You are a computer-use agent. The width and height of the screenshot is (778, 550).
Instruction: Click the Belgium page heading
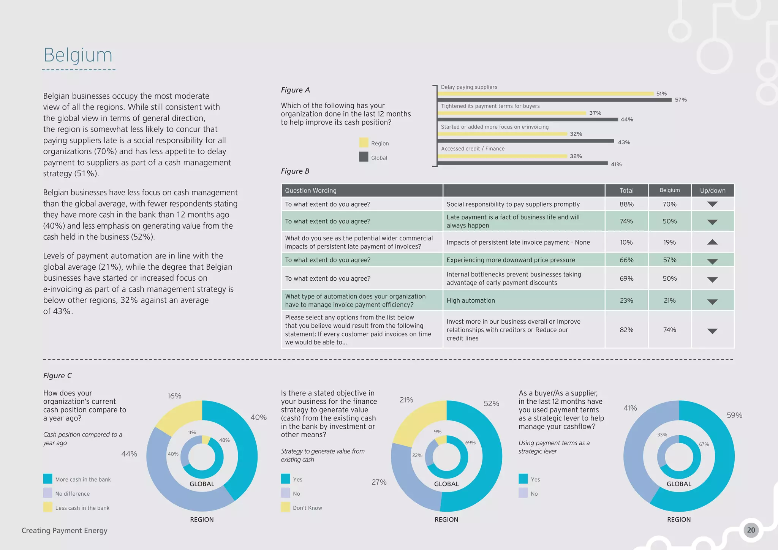(x=78, y=55)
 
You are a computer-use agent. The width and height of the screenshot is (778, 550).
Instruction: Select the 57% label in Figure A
(x=680, y=100)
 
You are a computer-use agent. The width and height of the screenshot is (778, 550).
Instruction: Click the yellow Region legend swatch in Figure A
(x=364, y=143)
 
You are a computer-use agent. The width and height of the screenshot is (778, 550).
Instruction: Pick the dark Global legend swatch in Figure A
(x=364, y=157)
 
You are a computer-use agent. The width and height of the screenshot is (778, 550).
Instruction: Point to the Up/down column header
(x=712, y=190)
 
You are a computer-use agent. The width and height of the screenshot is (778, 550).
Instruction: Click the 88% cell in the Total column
(x=626, y=204)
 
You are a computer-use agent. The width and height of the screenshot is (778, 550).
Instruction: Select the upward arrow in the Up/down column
(x=712, y=242)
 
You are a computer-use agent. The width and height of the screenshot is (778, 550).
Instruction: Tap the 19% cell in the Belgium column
(x=669, y=242)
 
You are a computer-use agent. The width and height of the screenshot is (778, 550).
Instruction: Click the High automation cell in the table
(x=470, y=300)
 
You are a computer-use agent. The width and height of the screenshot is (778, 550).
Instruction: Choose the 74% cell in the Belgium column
(x=669, y=330)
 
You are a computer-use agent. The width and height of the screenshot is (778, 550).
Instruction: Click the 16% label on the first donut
(x=174, y=396)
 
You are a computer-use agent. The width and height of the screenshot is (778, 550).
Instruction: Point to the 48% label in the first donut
(x=224, y=440)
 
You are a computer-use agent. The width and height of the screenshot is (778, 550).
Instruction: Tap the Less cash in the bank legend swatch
(x=48, y=507)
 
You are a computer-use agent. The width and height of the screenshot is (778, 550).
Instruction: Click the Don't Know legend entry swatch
(x=285, y=507)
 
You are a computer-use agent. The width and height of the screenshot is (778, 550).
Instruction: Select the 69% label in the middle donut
(x=470, y=443)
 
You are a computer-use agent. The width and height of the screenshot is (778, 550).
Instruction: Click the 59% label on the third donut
(x=734, y=415)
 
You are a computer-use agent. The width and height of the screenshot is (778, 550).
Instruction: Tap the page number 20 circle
(x=751, y=530)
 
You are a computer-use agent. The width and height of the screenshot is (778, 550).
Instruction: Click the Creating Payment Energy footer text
(x=65, y=531)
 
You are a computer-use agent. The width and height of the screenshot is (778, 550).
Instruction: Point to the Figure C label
(x=57, y=376)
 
